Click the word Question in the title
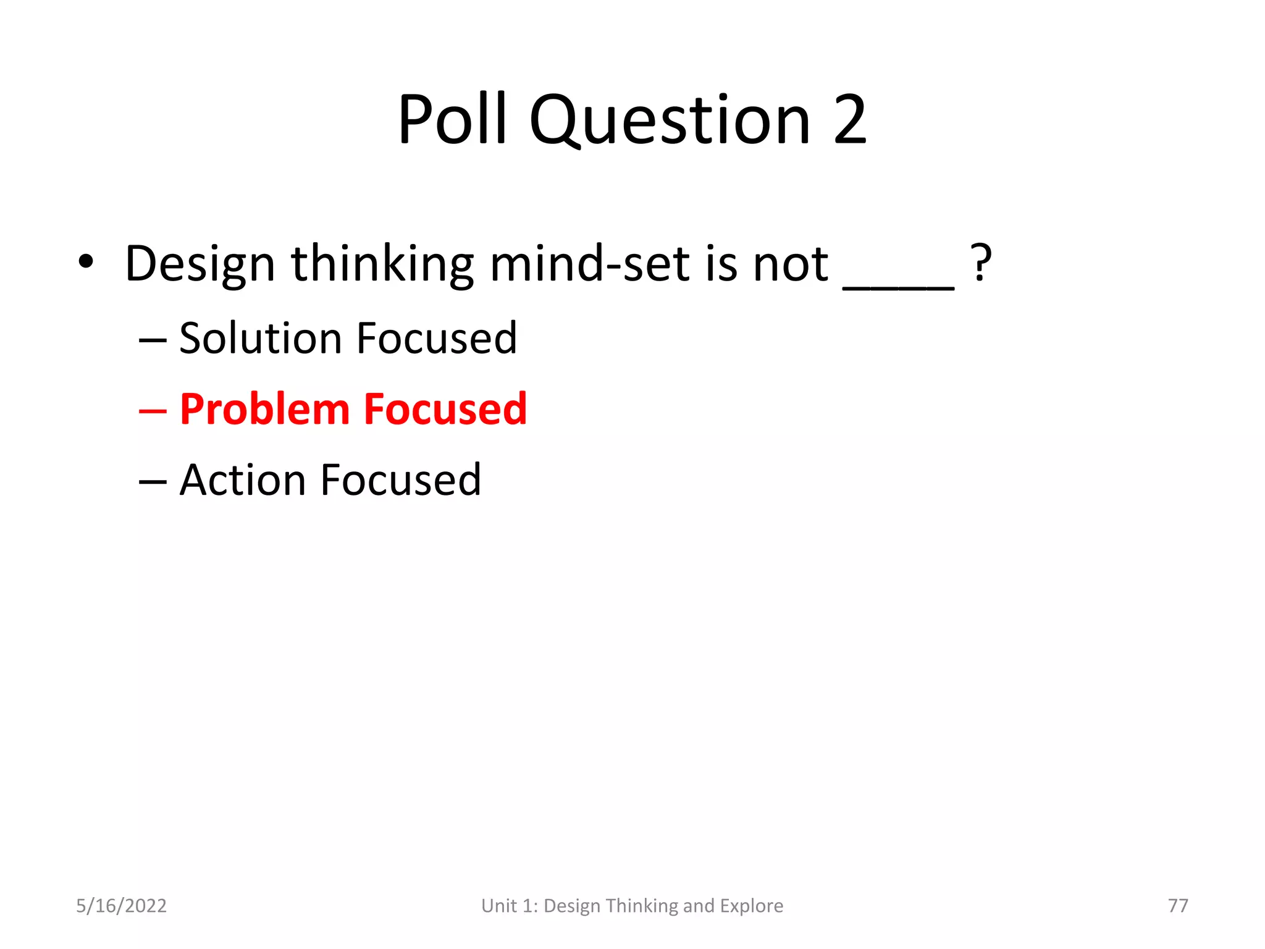click(x=670, y=121)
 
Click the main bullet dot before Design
click(x=86, y=262)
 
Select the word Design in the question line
click(x=200, y=264)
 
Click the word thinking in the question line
click(x=382, y=264)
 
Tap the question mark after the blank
click(x=981, y=263)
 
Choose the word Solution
click(x=260, y=338)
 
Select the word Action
click(x=242, y=480)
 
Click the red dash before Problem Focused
click(x=153, y=410)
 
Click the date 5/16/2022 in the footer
click(x=121, y=906)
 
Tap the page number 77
click(x=1178, y=906)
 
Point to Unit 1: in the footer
click(x=510, y=906)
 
